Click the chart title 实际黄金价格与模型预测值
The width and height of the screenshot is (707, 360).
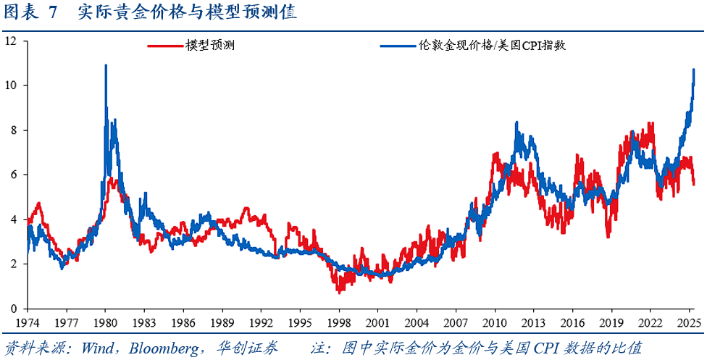point(187,14)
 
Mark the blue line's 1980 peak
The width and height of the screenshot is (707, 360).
point(106,66)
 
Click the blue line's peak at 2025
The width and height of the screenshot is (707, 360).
point(694,70)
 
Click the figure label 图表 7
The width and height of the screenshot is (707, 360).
point(30,14)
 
